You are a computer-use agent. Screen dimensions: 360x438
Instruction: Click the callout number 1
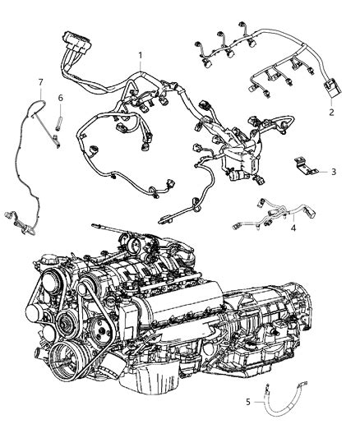point(141,56)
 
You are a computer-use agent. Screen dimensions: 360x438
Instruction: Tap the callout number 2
point(331,113)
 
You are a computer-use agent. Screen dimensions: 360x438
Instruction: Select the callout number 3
point(334,172)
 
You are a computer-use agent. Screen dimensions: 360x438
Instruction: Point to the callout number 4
point(293,228)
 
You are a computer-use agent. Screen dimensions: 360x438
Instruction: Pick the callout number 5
point(248,402)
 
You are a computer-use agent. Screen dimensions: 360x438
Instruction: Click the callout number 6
point(61,98)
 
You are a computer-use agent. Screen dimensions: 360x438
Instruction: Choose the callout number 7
point(41,82)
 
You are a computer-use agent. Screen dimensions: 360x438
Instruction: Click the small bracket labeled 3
point(306,166)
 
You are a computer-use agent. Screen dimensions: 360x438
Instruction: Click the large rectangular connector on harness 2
point(333,89)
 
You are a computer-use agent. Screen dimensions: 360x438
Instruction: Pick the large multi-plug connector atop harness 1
point(76,39)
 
